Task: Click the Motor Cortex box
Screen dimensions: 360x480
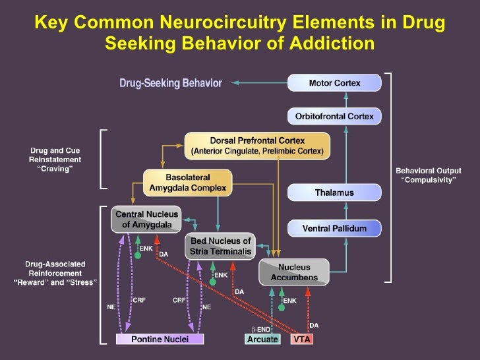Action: (334, 83)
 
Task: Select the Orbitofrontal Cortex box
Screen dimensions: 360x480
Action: (334, 117)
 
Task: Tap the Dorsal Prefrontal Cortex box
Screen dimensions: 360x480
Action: (256, 145)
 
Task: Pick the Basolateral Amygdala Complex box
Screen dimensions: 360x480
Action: (187, 182)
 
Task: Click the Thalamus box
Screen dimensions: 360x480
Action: (334, 193)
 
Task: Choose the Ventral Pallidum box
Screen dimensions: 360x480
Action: (334, 229)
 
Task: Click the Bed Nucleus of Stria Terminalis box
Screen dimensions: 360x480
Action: (220, 246)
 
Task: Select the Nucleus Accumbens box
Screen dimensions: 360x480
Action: (293, 272)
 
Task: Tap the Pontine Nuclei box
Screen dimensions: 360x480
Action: (160, 339)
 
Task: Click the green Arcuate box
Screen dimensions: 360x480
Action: (262, 339)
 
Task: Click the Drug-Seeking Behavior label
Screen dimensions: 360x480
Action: (170, 83)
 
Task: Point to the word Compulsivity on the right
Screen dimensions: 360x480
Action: (429, 180)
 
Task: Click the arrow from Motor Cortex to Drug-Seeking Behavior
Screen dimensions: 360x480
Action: (261, 83)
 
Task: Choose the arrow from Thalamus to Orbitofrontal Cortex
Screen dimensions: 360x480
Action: (334, 154)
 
